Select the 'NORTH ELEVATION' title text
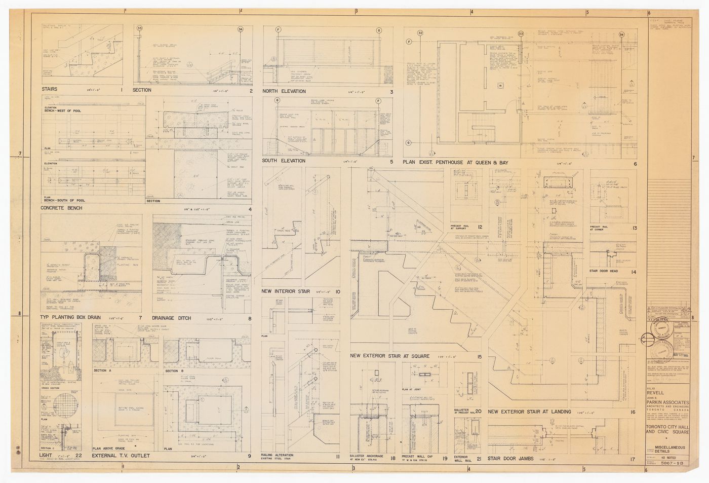[x=284, y=91]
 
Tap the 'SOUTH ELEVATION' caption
[x=284, y=161]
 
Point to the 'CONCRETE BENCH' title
[x=61, y=208]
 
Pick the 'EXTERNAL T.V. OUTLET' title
[x=121, y=456]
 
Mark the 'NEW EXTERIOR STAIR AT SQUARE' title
[x=390, y=356]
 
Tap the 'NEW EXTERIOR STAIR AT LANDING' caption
[x=530, y=412]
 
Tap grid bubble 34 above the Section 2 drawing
[x=240, y=29]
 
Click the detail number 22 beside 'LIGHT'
[x=78, y=456]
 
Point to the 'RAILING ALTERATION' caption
[x=277, y=455]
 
